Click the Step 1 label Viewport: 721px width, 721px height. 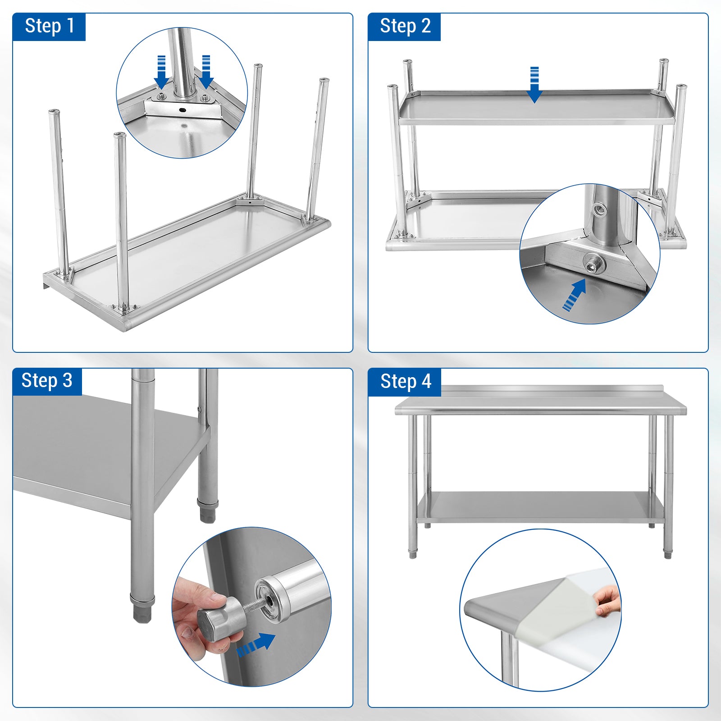point(49,26)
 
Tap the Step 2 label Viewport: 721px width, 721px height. point(405,26)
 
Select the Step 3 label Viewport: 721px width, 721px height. point(47,381)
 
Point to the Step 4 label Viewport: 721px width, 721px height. point(406,382)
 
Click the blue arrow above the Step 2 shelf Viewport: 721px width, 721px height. point(534,85)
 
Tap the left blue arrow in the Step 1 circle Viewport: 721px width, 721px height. point(162,72)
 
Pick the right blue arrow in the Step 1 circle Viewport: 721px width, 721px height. point(206,72)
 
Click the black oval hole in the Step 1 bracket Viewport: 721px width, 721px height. point(183,110)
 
